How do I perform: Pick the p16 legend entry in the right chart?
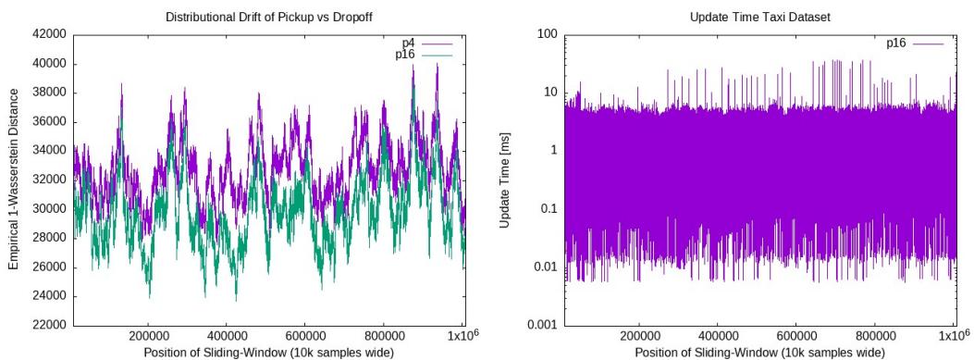(x=897, y=43)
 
